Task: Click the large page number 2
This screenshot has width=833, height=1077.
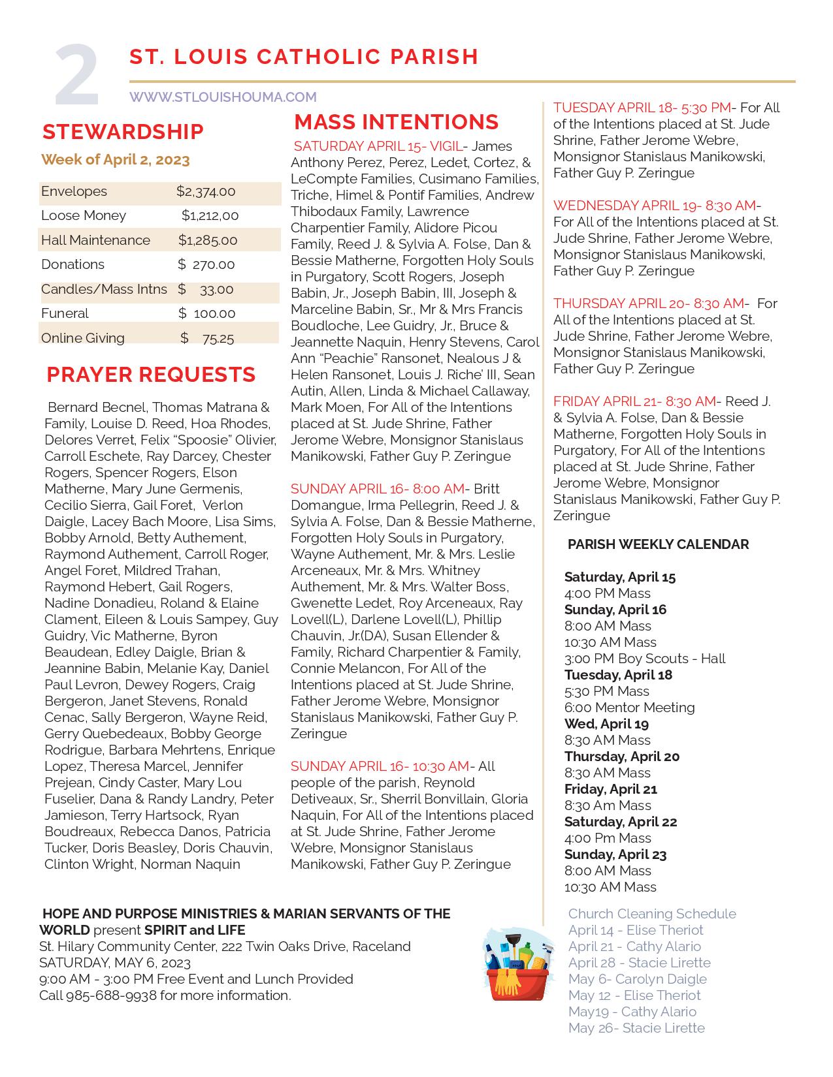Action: (76, 76)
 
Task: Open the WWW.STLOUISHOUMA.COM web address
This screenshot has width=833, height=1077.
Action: (223, 97)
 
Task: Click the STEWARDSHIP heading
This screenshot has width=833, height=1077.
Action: (123, 131)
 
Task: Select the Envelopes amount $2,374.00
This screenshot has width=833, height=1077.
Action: (206, 192)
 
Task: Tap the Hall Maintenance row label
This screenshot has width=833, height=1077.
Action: (95, 240)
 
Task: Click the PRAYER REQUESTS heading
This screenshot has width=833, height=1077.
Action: (151, 375)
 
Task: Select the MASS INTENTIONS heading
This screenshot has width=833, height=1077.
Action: (396, 122)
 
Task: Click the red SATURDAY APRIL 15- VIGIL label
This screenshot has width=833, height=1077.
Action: (378, 146)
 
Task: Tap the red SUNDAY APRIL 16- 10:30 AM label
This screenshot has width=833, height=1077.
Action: (380, 766)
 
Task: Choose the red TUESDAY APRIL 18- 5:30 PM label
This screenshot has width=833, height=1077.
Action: (642, 108)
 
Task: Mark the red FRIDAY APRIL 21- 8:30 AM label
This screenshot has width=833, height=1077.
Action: (634, 401)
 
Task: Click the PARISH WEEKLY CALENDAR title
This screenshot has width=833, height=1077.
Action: (658, 544)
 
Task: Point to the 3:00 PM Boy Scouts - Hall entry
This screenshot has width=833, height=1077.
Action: (645, 659)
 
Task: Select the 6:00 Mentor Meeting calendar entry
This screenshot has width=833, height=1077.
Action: (629, 708)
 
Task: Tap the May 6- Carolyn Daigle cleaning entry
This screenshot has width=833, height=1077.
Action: (637, 979)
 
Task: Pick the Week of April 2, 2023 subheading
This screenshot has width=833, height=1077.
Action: (116, 160)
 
